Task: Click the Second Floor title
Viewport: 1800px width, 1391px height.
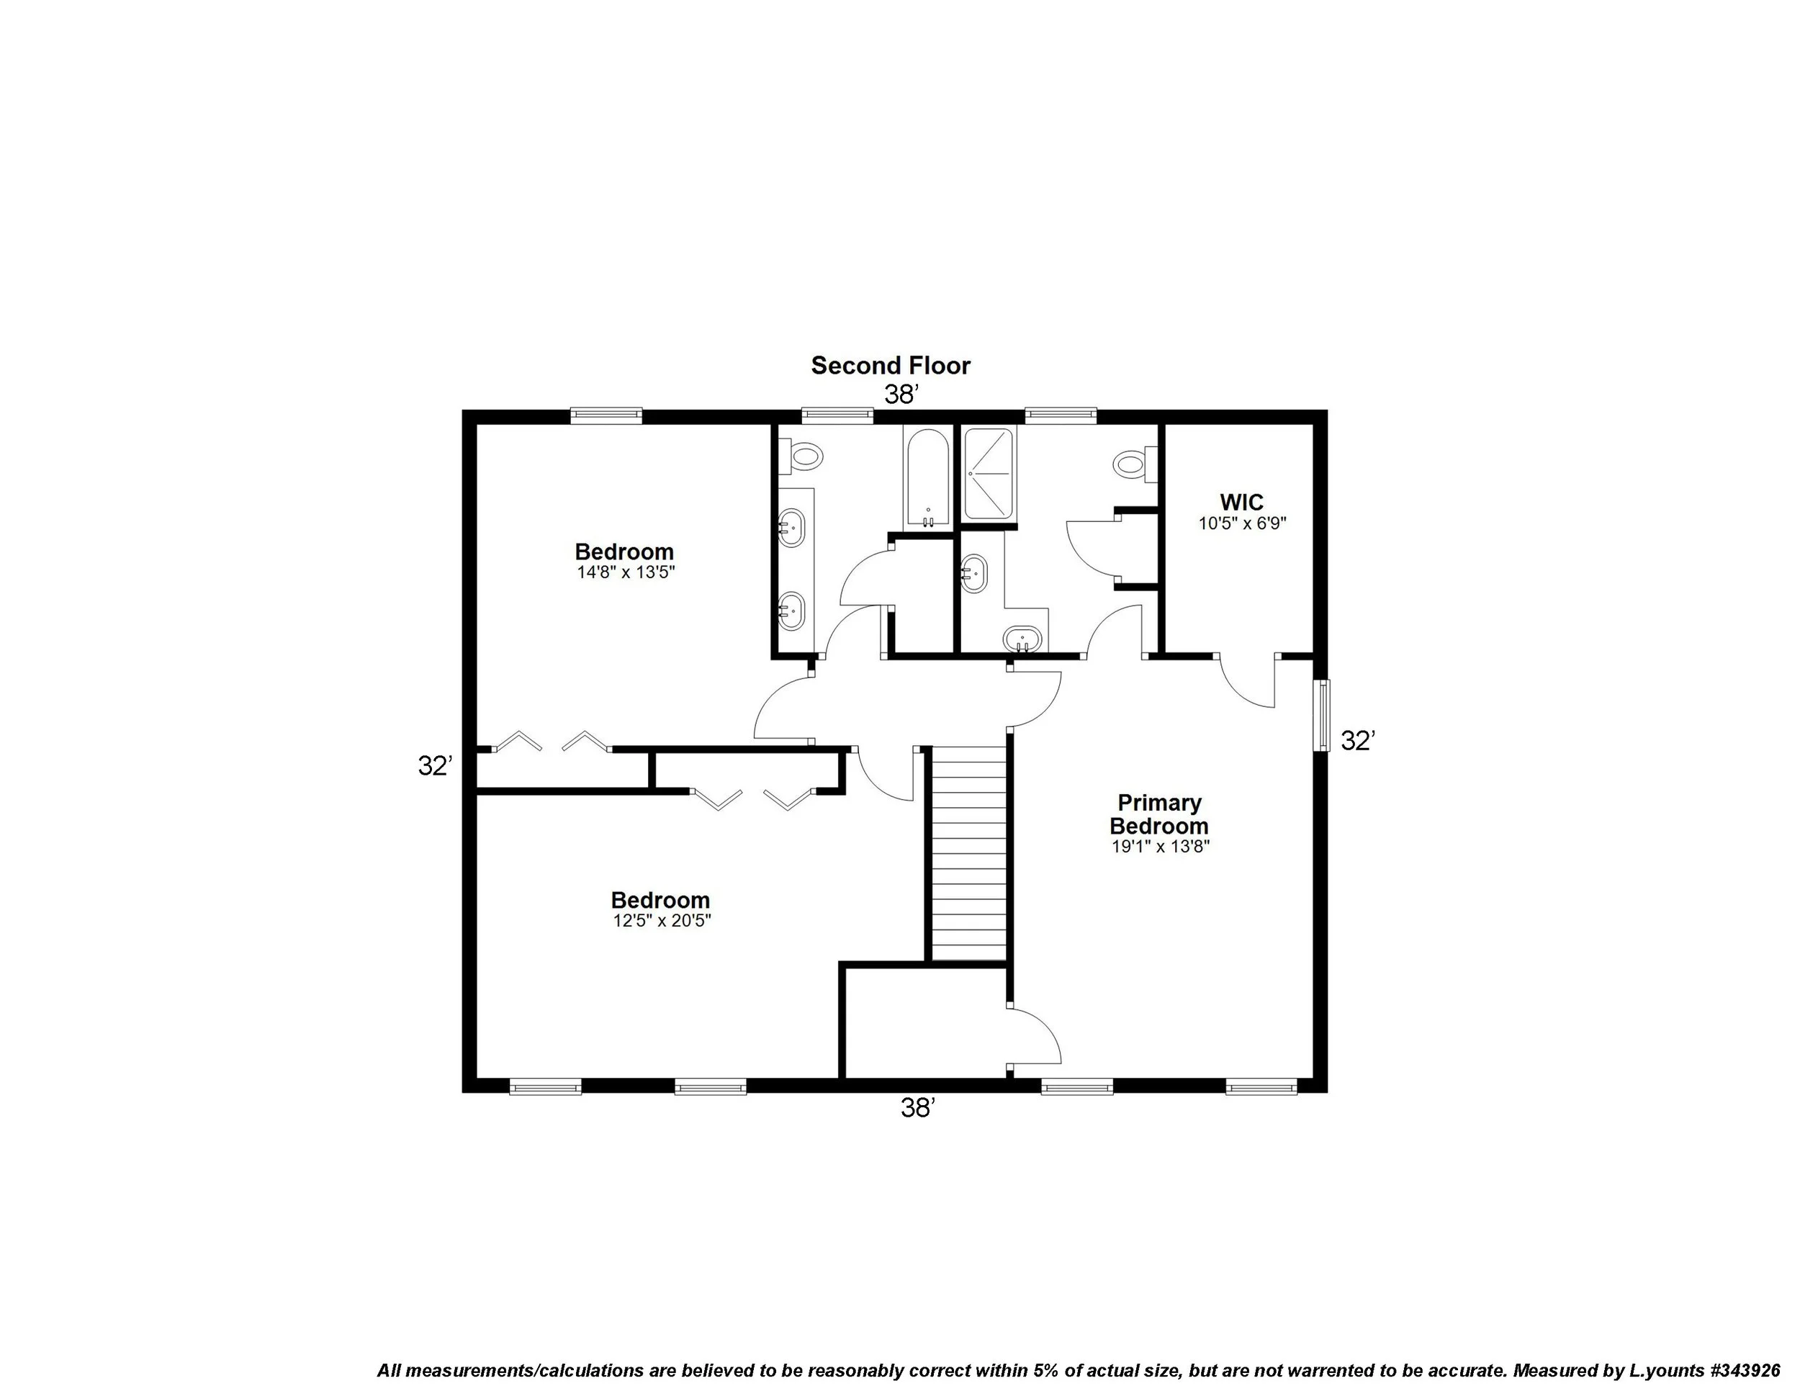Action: tap(891, 366)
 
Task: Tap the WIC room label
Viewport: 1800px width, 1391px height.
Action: tap(1241, 502)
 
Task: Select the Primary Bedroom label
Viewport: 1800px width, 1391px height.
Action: tap(1158, 814)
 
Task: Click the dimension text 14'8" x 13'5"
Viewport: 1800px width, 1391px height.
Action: tap(626, 572)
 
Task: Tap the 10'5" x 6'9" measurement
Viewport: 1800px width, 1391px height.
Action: tap(1242, 523)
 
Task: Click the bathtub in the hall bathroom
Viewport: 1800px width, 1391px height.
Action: tap(927, 478)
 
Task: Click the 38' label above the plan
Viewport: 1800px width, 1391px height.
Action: tap(901, 395)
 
